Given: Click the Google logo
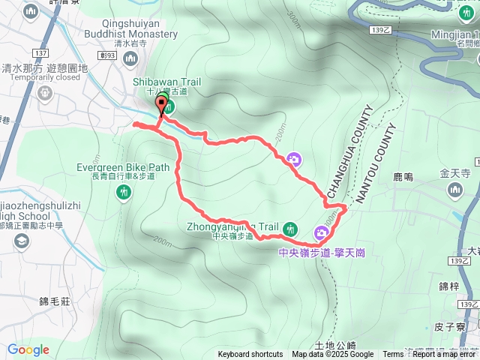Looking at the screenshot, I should point(28,349).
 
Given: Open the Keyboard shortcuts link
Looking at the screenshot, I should point(250,355).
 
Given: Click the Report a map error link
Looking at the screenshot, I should point(445,355).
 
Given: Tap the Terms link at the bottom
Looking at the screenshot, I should point(393,355).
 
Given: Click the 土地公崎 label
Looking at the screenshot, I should point(335,345).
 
